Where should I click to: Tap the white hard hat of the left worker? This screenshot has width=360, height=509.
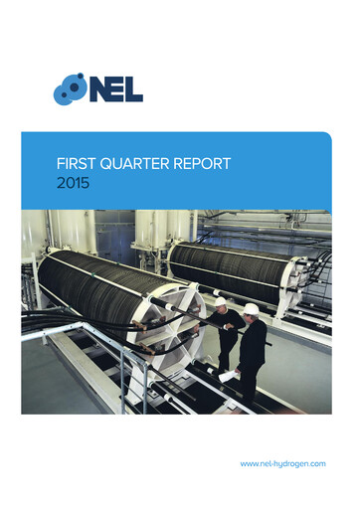(x=220, y=301)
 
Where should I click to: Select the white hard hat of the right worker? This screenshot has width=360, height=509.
(x=251, y=309)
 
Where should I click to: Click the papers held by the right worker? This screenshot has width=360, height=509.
(x=229, y=374)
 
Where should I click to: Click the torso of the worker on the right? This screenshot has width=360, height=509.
(x=253, y=343)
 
